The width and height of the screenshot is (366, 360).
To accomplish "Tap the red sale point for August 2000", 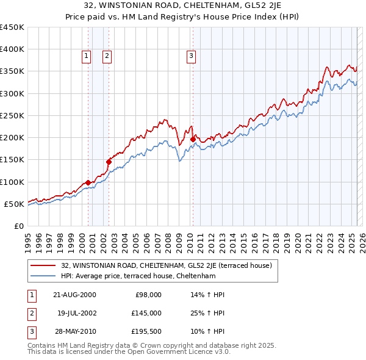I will pos(88,182).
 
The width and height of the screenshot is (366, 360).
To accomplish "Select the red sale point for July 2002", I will pos(109,162).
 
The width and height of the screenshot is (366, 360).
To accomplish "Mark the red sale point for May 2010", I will pos(193,139).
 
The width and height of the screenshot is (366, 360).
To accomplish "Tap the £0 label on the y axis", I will pos(18,226).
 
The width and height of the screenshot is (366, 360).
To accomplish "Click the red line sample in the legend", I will pos(44,265).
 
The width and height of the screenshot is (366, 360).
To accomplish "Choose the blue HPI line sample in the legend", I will pos(44,276).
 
